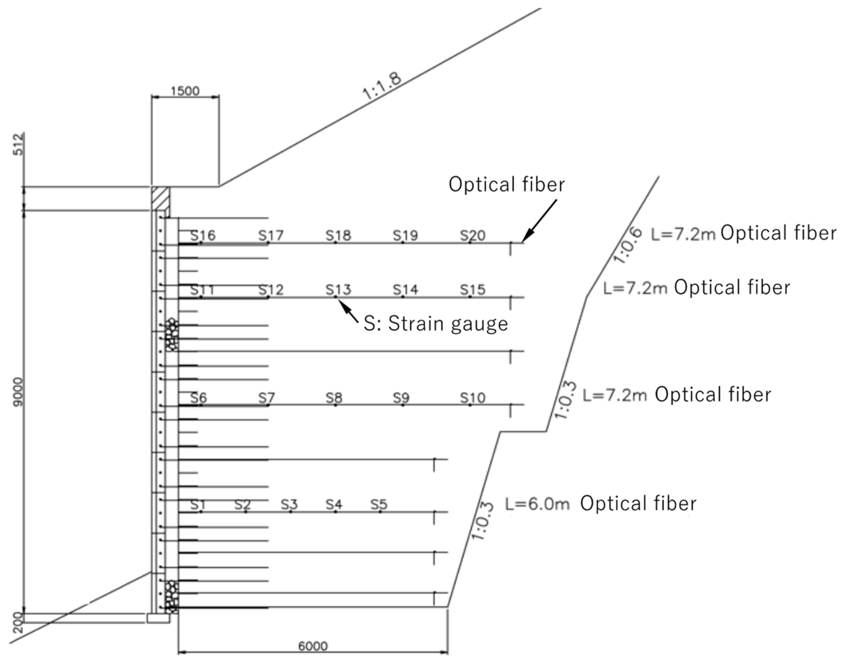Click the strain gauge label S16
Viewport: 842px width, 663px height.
coord(203,235)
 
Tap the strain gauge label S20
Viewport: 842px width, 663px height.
coord(473,235)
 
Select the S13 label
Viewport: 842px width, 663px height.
coord(338,289)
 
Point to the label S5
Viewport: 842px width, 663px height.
coord(379,505)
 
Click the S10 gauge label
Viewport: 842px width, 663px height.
coord(473,398)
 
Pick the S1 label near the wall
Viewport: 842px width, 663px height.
coord(198,505)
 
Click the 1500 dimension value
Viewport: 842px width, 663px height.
coord(185,91)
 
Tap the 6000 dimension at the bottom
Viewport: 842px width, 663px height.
coord(313,646)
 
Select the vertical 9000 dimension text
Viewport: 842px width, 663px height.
coord(18,392)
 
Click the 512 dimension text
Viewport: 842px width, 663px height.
coord(18,144)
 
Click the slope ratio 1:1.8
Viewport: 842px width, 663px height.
coord(382,86)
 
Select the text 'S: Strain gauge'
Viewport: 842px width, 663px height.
coord(436,323)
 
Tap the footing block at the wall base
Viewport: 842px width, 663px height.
coord(158,618)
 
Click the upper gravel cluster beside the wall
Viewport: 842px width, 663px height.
coord(171,335)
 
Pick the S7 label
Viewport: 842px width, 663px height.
coord(267,398)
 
